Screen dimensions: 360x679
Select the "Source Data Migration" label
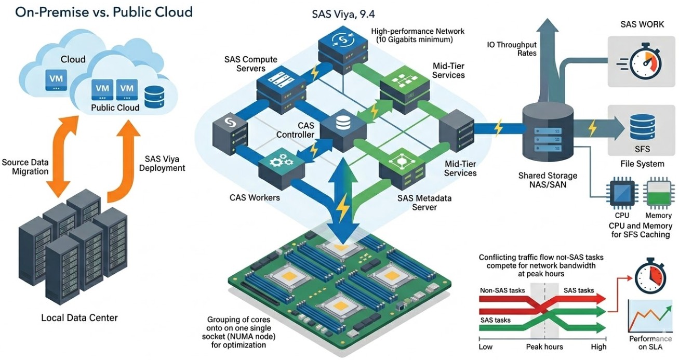click(25, 167)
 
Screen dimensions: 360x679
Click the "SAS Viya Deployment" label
click(162, 163)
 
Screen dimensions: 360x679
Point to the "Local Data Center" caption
click(79, 317)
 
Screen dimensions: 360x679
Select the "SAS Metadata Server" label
click(424, 203)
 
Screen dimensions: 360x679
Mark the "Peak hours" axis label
click(544, 346)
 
